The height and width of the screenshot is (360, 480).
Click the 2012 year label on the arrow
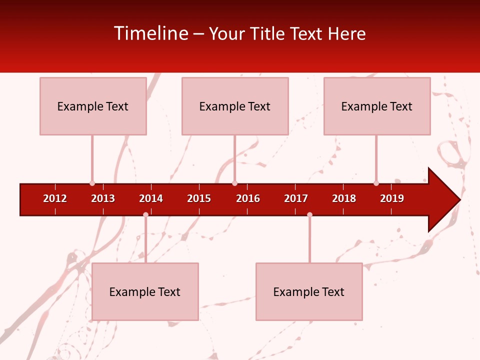(55, 198)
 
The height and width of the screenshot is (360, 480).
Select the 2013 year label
(103, 198)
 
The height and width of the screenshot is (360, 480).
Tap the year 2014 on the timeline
(151, 198)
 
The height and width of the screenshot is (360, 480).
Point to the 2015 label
(199, 198)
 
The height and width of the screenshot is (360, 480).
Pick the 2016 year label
(248, 198)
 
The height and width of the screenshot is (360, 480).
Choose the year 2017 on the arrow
(296, 198)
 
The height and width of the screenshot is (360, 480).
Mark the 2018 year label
(344, 198)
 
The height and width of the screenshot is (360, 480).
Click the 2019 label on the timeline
(392, 198)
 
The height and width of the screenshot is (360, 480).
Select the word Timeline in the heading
(151, 33)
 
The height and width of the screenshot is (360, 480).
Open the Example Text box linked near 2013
(93, 106)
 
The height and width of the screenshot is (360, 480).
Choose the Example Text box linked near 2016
(235, 106)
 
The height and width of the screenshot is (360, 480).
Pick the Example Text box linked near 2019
(377, 106)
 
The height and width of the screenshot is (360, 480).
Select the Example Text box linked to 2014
(145, 291)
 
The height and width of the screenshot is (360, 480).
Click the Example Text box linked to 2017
(309, 291)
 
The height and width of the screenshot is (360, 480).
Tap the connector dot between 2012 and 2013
(92, 183)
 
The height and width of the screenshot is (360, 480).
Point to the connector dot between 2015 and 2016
(234, 183)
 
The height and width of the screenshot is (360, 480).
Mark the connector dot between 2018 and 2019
(376, 183)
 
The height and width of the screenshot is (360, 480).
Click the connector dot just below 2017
(309, 214)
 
